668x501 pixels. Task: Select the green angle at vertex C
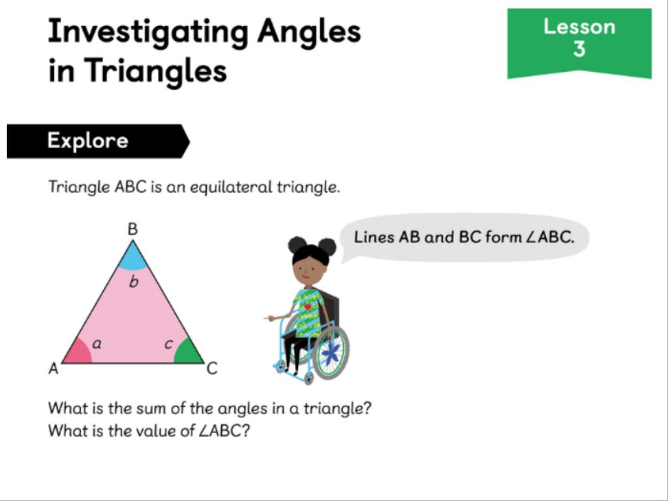(x=189, y=352)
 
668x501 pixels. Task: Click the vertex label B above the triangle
(x=133, y=229)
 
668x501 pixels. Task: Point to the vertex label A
(x=53, y=368)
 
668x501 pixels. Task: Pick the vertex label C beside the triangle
(x=212, y=368)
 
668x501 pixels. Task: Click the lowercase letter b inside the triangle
(x=133, y=282)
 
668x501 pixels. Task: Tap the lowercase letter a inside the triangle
(x=97, y=343)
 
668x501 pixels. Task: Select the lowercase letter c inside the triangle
(x=169, y=344)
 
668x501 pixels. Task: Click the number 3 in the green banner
(x=579, y=50)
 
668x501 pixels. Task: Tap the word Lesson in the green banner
(x=579, y=27)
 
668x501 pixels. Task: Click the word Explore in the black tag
(x=88, y=141)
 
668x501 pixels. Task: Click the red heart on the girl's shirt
(x=308, y=307)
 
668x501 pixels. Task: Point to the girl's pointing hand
(x=269, y=318)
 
